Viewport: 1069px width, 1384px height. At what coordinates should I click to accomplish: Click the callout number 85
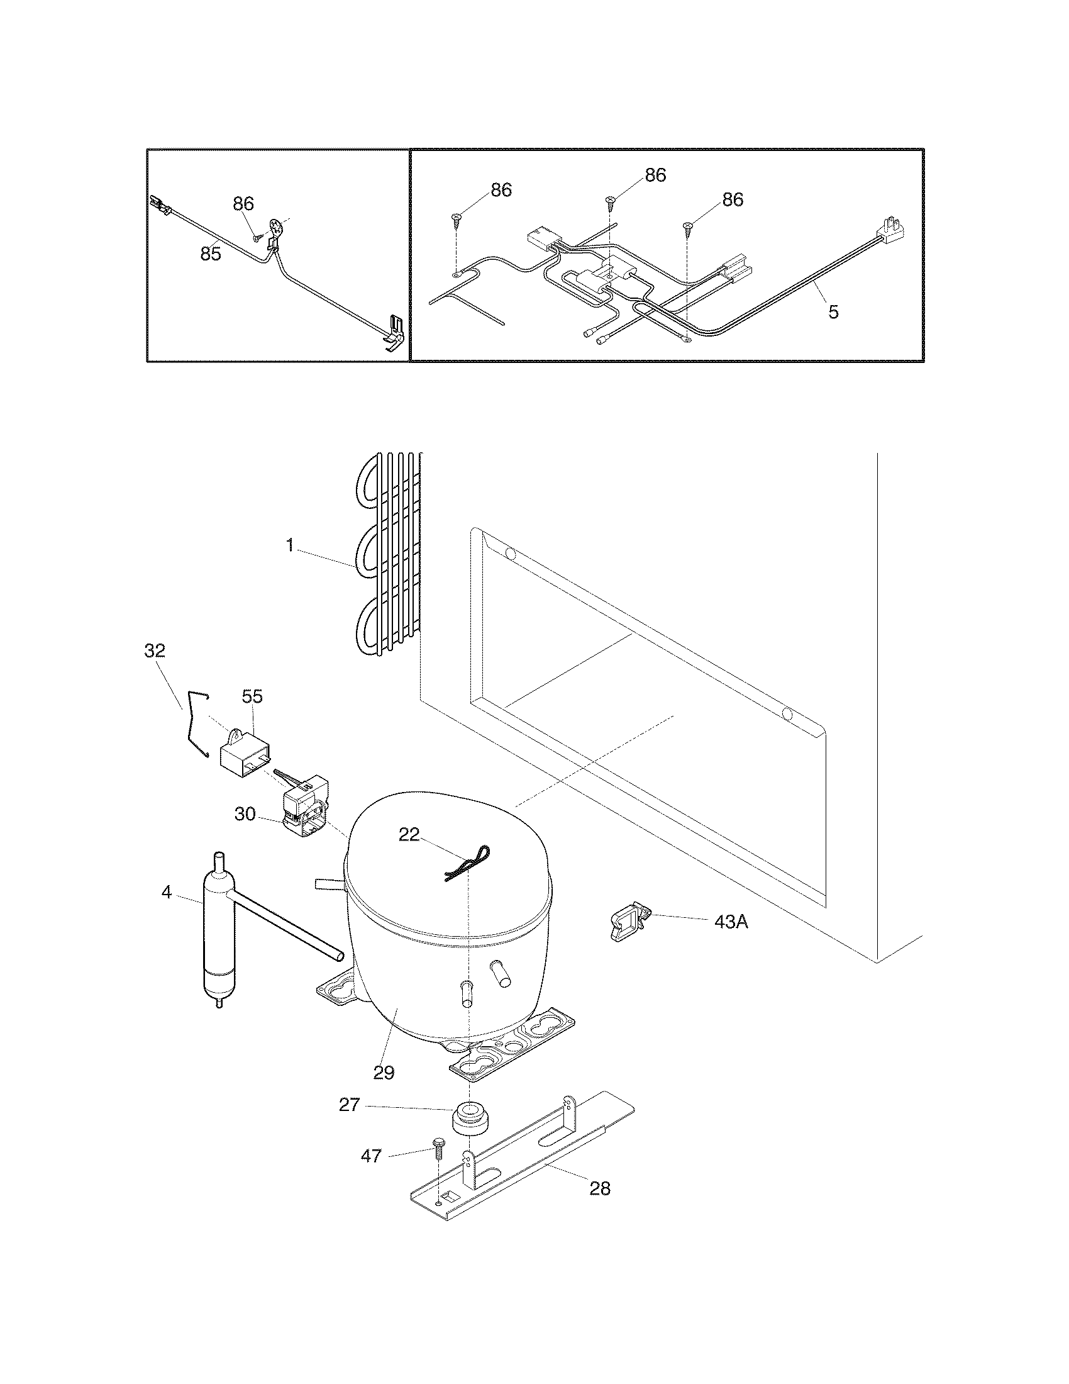click(x=211, y=254)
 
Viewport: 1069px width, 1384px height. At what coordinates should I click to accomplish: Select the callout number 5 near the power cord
click(x=833, y=311)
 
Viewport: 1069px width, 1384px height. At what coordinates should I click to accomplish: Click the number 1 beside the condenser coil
click(x=290, y=545)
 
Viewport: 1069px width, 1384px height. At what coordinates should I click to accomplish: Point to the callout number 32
click(x=155, y=651)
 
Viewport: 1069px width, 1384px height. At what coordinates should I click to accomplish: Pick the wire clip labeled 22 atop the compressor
click(x=466, y=866)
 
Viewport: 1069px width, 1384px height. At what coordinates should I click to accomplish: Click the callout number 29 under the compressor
click(x=384, y=1072)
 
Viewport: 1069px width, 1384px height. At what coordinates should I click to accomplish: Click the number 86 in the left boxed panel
click(x=243, y=203)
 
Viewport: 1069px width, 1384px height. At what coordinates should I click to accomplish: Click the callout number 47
click(x=371, y=1156)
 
